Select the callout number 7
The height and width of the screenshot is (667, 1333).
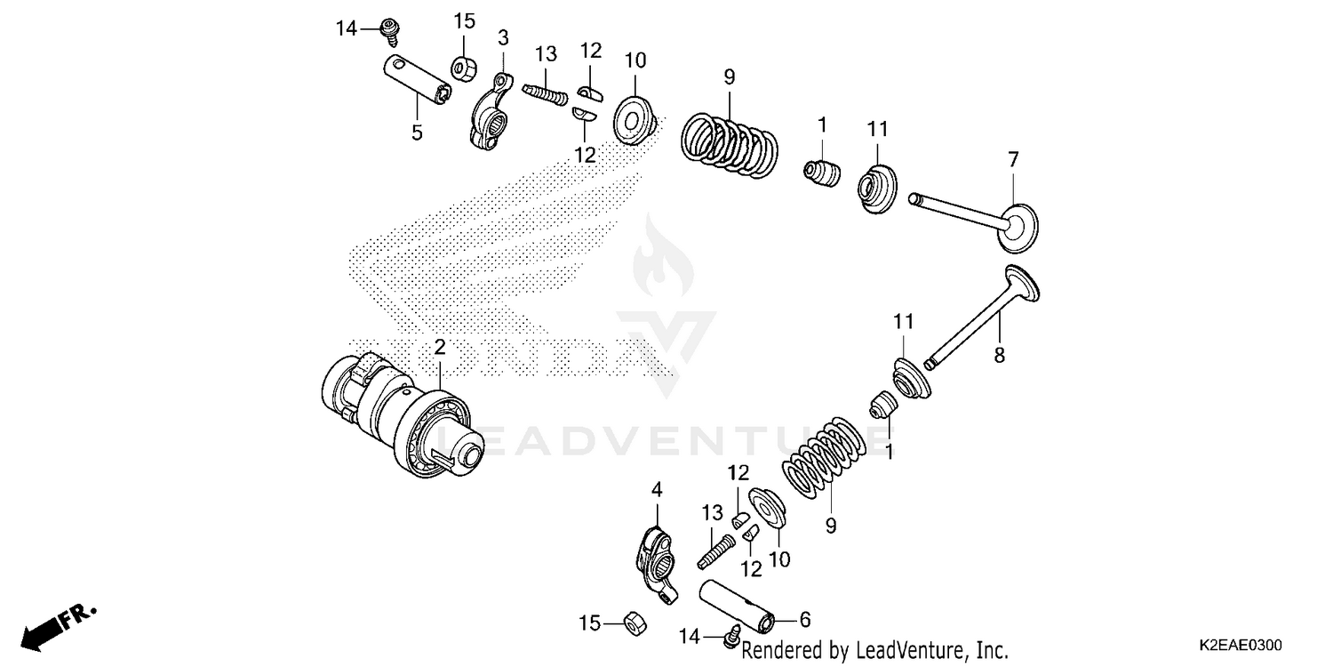coord(1013,160)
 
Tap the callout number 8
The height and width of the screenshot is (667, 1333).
coord(999,354)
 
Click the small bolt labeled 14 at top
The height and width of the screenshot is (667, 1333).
coord(388,30)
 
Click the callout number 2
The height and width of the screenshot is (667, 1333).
coord(439,347)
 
